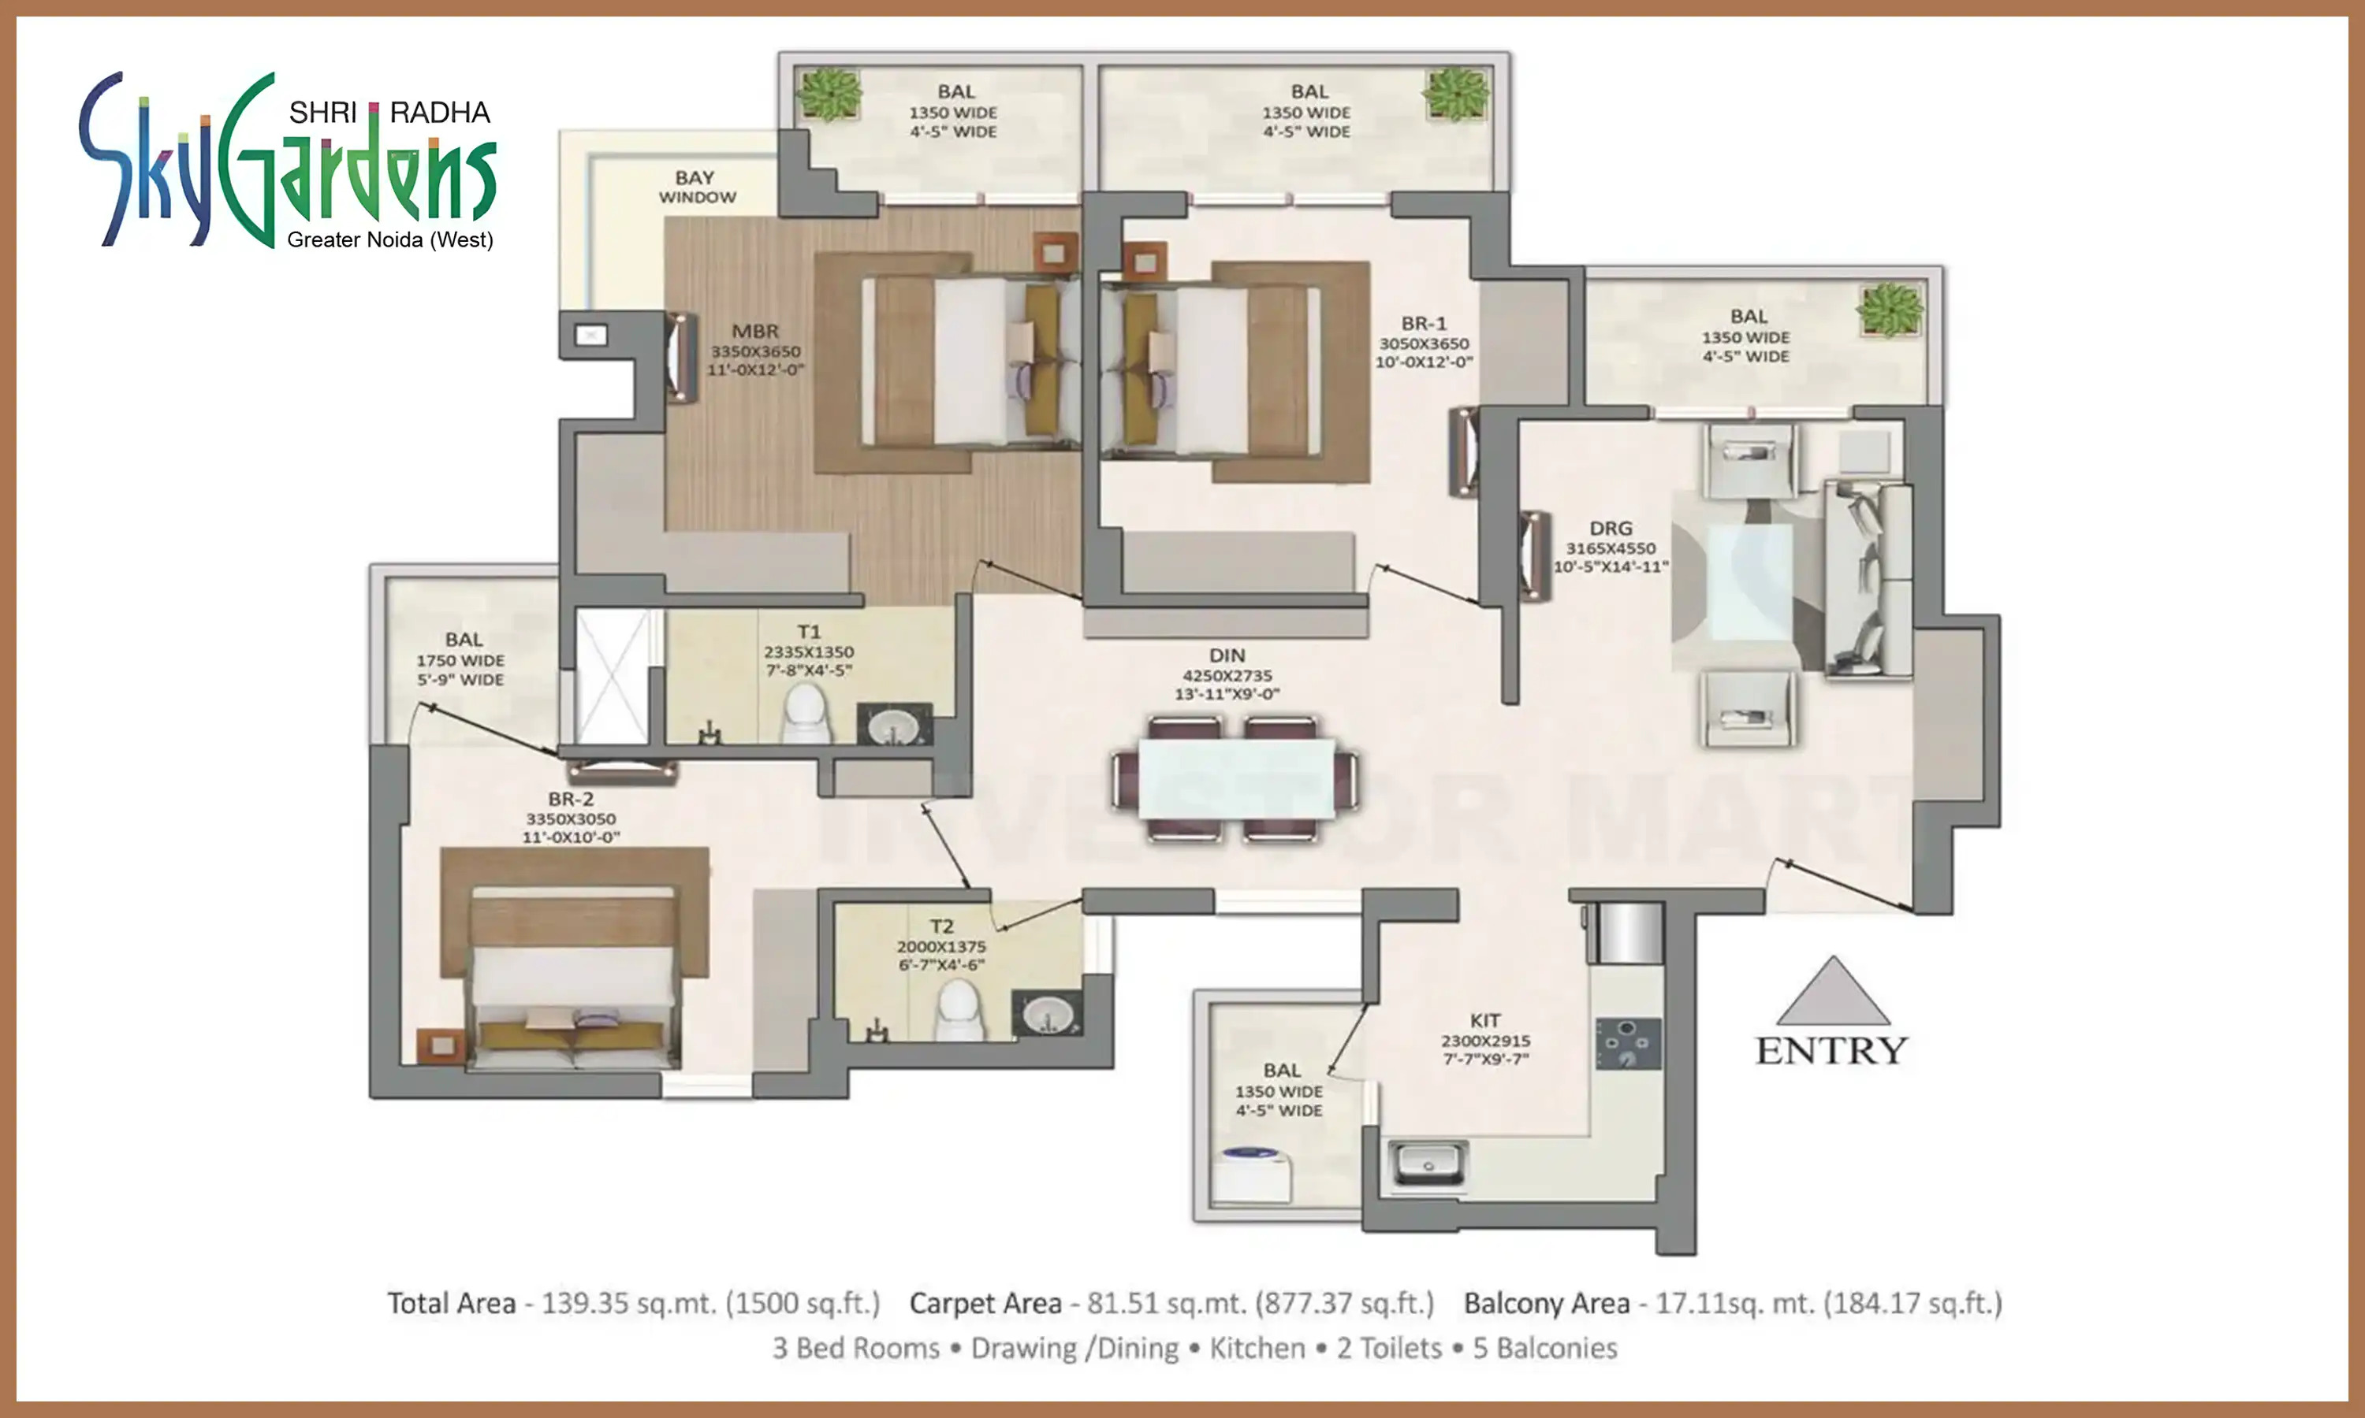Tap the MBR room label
pyautogui.click(x=755, y=332)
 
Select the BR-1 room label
pyautogui.click(x=1424, y=324)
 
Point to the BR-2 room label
pyautogui.click(x=571, y=799)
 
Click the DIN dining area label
pyautogui.click(x=1227, y=655)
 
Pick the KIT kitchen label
pyautogui.click(x=1485, y=1020)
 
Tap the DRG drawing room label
pyautogui.click(x=1611, y=529)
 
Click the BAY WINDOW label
pyautogui.click(x=697, y=187)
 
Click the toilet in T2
pyautogui.click(x=959, y=1011)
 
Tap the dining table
pyautogui.click(x=1235, y=779)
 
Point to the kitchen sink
pyautogui.click(x=1427, y=1162)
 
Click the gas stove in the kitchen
pyautogui.click(x=1628, y=1044)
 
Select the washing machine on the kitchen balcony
pyautogui.click(x=1253, y=1172)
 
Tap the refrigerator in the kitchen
pyautogui.click(x=1625, y=933)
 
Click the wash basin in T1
pyautogui.click(x=894, y=726)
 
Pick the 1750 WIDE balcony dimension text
pyautogui.click(x=460, y=661)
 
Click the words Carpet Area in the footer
pyautogui.click(x=985, y=1303)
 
